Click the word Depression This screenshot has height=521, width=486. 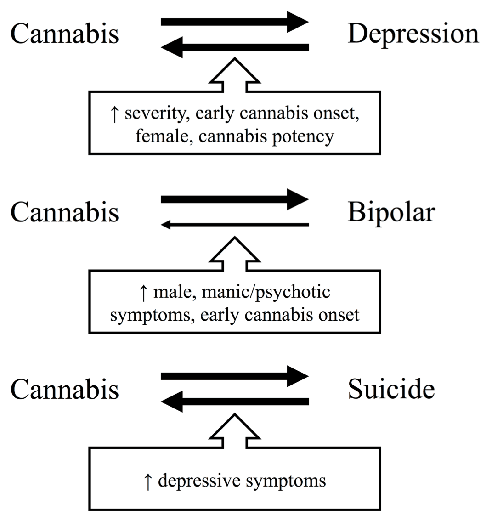413,34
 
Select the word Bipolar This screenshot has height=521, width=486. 390,212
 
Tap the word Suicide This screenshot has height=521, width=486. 391,390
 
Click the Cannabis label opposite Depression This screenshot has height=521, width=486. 64,34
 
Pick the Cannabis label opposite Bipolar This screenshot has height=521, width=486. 64,212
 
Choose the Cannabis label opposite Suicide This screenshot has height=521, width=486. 64,390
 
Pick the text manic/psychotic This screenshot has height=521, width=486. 259,293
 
